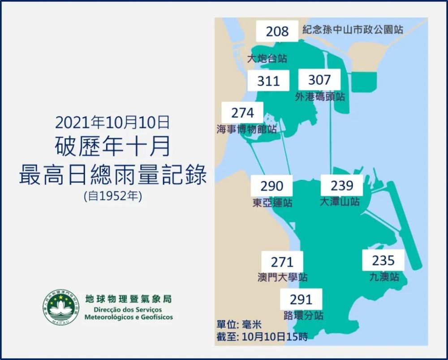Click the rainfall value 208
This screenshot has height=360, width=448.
tap(277, 31)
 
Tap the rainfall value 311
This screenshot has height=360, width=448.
tap(268, 81)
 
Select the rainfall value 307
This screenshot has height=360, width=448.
tap(319, 80)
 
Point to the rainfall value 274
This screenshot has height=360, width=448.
tap(243, 112)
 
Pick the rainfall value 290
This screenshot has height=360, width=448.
tap(272, 186)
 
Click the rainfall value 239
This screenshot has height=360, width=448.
tap(342, 185)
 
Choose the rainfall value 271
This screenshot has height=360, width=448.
tap(282, 262)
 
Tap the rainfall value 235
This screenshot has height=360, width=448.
tap(383, 260)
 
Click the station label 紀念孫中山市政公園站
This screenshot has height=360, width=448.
tap(353, 30)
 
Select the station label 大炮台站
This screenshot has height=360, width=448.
tap(267, 58)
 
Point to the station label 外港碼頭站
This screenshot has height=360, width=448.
tap(320, 96)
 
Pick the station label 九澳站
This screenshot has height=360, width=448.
tap(383, 277)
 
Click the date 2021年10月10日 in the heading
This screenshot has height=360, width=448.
tap(112, 122)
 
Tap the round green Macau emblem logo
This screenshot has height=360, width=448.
tap(61, 307)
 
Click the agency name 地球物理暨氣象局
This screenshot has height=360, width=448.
tap(128, 299)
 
